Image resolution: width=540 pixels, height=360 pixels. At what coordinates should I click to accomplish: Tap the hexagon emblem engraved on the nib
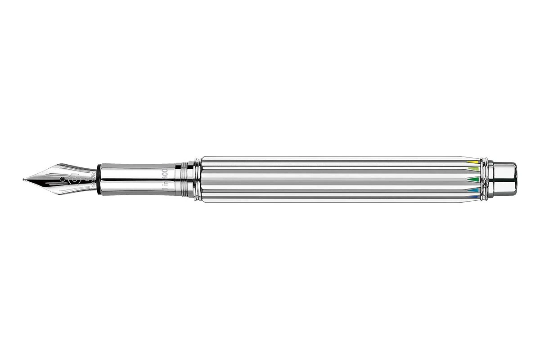coord(74,179)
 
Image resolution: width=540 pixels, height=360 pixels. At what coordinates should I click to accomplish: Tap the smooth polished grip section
coord(135,179)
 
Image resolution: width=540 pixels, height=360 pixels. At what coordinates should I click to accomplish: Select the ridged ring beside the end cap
coord(486,179)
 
